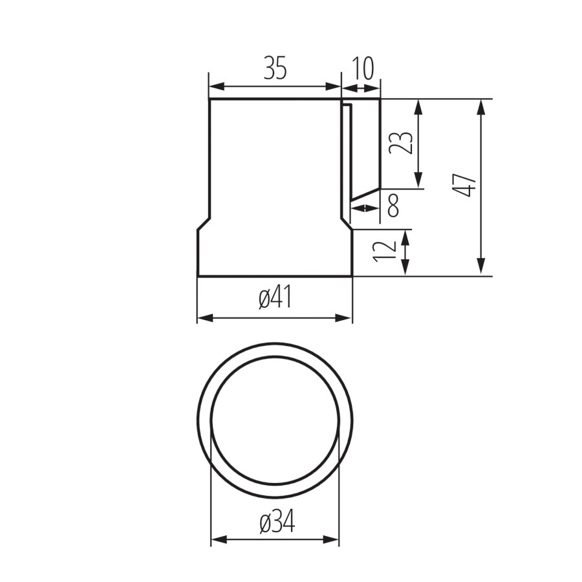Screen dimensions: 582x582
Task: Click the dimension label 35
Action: (x=275, y=68)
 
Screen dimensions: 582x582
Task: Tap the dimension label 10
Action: (x=362, y=69)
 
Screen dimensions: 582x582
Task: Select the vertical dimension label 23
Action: (x=401, y=143)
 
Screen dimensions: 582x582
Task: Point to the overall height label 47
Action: (x=464, y=185)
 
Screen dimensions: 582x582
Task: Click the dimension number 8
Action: (x=393, y=205)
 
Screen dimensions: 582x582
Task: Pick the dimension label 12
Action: (x=385, y=252)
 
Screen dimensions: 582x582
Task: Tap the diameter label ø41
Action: (x=275, y=298)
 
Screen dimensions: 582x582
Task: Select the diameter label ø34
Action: (x=277, y=521)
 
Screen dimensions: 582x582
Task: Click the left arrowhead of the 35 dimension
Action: (x=217, y=87)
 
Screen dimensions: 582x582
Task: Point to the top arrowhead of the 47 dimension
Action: (x=481, y=107)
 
